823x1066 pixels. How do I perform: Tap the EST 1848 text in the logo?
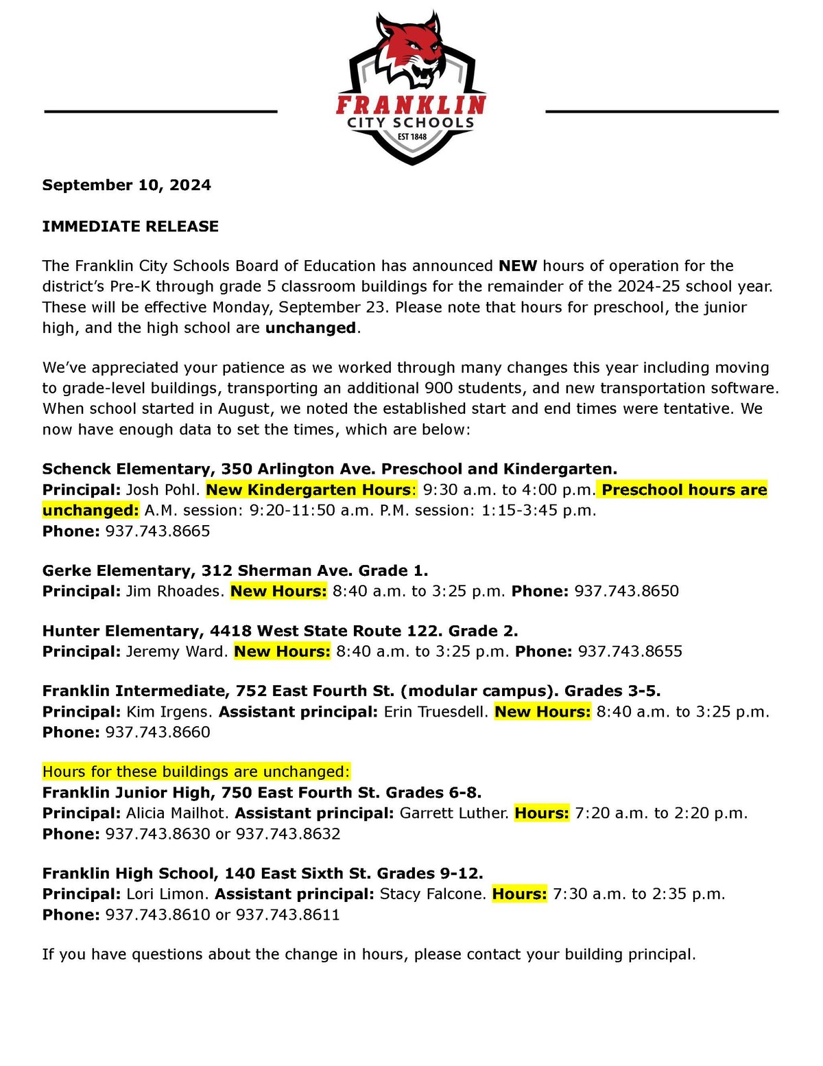click(x=411, y=137)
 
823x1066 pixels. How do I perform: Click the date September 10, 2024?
click(x=126, y=185)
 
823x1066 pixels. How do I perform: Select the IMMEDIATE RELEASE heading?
click(x=130, y=227)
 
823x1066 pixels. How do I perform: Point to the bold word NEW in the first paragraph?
click(x=518, y=266)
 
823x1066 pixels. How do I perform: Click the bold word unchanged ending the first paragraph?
click(x=310, y=328)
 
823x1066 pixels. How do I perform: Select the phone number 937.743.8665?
click(x=158, y=531)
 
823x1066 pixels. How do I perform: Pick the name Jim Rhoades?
click(x=175, y=591)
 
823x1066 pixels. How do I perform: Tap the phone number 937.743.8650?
click(x=626, y=591)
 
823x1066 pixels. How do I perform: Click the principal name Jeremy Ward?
click(x=177, y=651)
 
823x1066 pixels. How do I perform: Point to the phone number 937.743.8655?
click(x=630, y=651)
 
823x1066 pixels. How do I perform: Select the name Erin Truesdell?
click(x=436, y=712)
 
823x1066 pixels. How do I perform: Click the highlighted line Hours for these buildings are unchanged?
click(x=196, y=772)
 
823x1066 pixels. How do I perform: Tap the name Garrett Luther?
click(x=454, y=813)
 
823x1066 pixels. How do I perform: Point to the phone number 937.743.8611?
click(x=288, y=915)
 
